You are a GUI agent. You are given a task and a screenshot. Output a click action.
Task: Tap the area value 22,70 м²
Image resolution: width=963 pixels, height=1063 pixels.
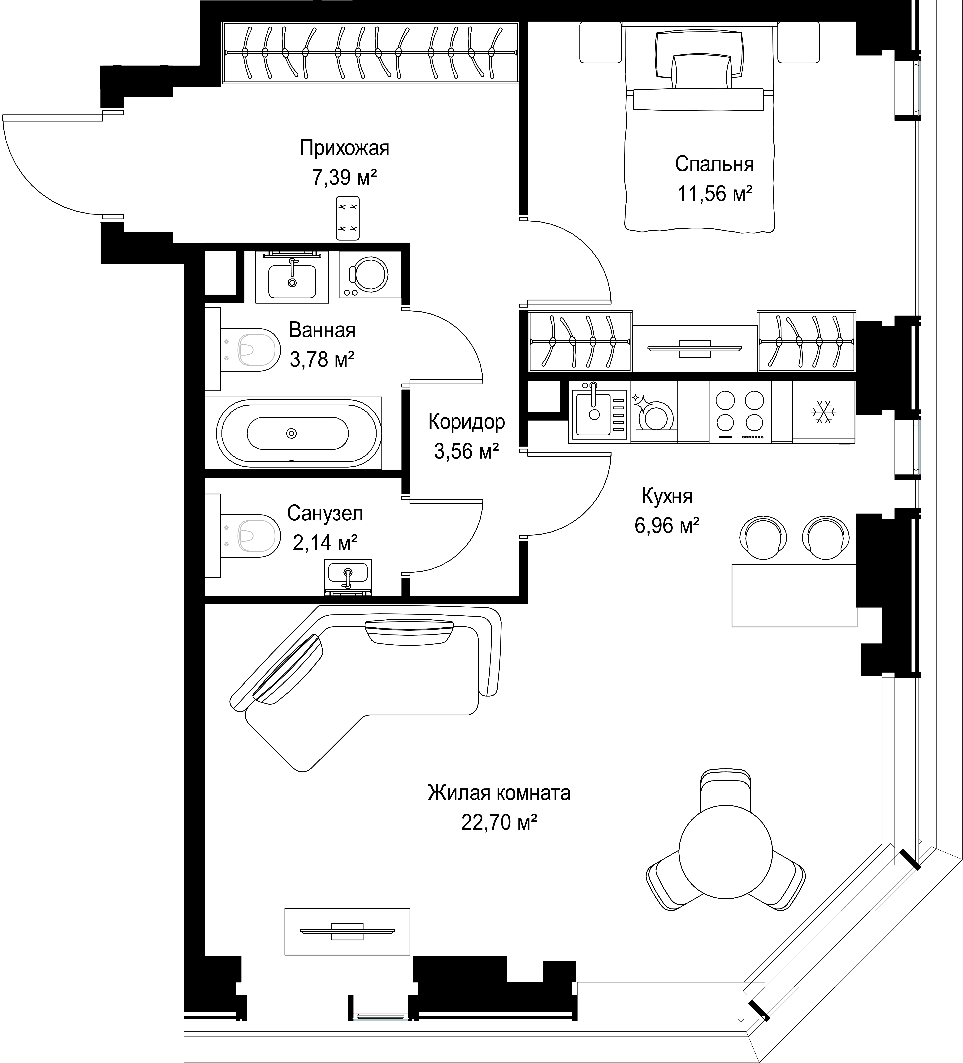[499, 822]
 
